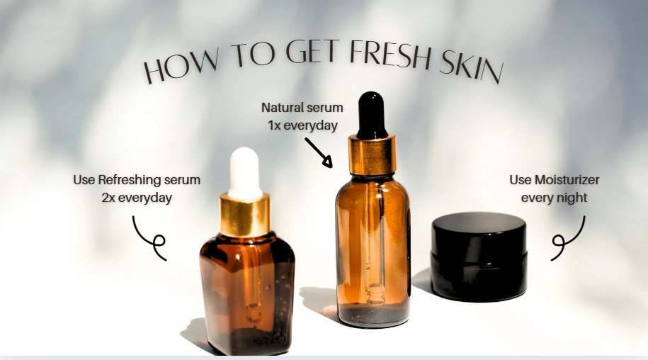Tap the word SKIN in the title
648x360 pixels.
point(472,67)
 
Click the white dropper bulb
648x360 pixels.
point(245,173)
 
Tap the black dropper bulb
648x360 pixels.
point(372,115)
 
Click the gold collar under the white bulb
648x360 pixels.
point(244,215)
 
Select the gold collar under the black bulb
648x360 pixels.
point(372,154)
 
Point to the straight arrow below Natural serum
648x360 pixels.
point(319,152)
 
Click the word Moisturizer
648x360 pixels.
point(567,180)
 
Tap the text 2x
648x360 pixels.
point(108,198)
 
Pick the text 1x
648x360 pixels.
point(273,125)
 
